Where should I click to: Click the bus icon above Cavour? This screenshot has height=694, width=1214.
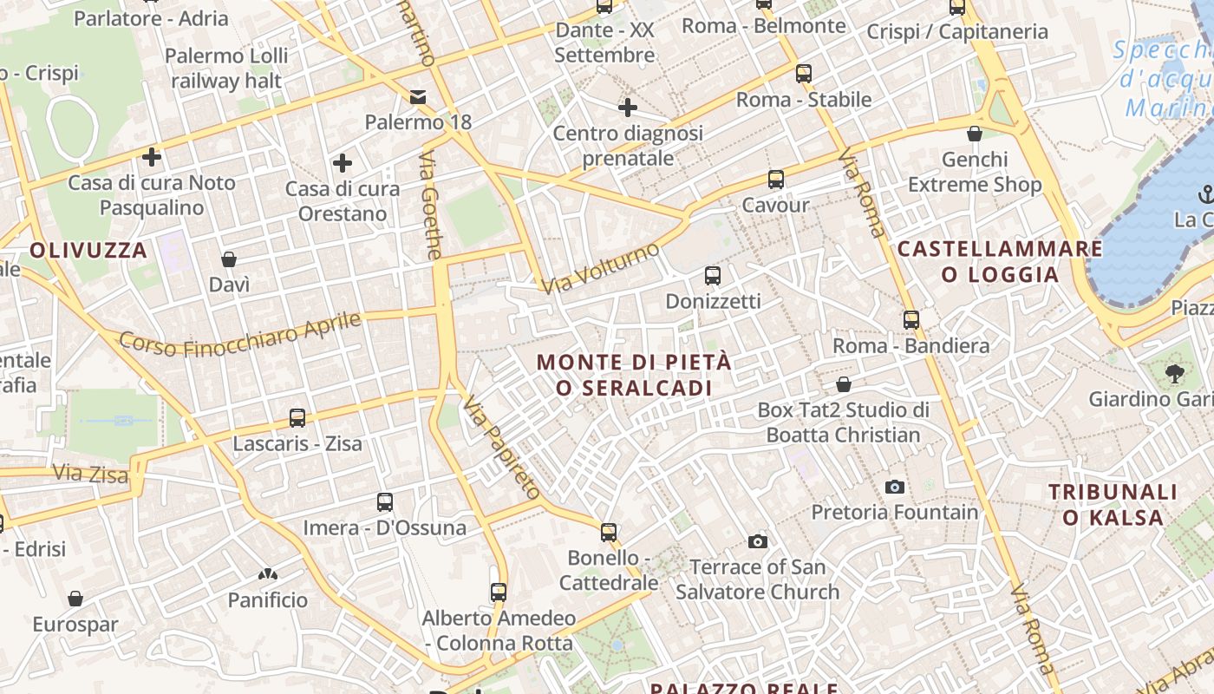(775, 180)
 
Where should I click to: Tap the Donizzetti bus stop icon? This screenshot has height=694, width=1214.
(712, 276)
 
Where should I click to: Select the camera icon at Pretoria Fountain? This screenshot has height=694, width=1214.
(895, 487)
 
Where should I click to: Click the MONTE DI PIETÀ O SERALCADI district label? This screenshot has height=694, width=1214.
(634, 375)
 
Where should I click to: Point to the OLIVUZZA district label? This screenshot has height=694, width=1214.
(88, 251)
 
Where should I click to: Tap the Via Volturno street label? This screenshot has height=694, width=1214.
(600, 268)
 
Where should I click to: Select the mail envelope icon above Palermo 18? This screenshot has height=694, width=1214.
(418, 96)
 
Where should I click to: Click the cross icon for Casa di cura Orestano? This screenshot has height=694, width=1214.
(343, 163)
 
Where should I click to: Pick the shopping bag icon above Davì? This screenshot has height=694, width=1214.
(229, 259)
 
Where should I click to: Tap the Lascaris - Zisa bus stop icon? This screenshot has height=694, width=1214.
(297, 418)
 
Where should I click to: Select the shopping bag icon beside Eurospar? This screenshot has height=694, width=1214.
(75, 599)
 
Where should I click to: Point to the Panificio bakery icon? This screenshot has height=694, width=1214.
(267, 574)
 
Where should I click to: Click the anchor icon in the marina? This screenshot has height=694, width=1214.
(1204, 193)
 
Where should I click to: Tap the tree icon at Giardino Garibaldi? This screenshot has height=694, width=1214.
(1175, 374)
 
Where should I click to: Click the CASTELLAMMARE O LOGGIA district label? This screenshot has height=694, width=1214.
(1000, 262)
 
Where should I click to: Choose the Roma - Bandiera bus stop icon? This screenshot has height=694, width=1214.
(910, 320)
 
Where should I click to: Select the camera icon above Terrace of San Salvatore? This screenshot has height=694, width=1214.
(758, 541)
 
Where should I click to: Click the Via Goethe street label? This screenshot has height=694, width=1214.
(431, 206)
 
